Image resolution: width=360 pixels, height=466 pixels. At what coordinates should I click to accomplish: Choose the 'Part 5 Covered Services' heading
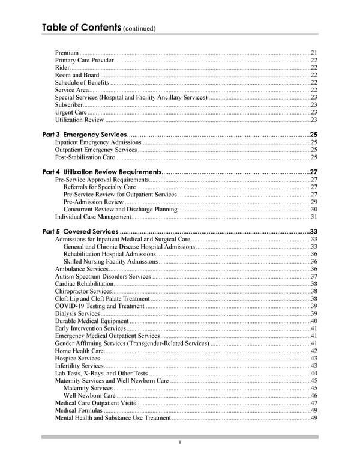pyautogui.click(x=81, y=232)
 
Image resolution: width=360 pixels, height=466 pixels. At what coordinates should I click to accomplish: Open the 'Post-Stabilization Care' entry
pyautogui.click(x=85, y=157)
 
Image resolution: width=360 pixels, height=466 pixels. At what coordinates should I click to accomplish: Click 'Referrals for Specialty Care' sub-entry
pyautogui.click(x=99, y=187)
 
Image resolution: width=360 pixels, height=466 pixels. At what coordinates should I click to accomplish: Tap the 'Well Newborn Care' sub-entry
pyautogui.click(x=89, y=396)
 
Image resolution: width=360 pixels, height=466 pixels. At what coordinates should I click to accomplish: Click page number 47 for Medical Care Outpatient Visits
pyautogui.click(x=314, y=403)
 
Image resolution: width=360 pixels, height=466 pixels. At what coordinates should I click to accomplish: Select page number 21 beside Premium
pyautogui.click(x=314, y=53)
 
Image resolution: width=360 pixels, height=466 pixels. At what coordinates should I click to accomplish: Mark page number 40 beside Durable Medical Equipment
pyautogui.click(x=314, y=321)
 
